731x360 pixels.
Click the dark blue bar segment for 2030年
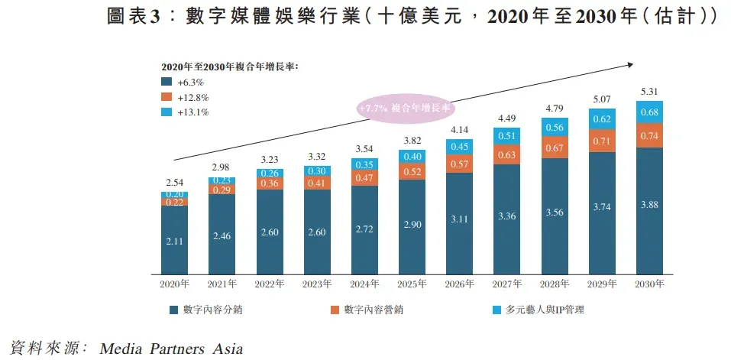pos(649,210)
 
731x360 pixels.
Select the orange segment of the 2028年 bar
pos(555,147)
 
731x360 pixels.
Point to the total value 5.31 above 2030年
pos(649,92)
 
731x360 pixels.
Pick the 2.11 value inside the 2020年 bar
pos(175,242)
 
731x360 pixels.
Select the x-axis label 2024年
pos(365,284)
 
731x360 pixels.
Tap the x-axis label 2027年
pos(507,284)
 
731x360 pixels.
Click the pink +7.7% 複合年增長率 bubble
pos(405,109)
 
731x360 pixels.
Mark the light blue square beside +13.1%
pos(166,112)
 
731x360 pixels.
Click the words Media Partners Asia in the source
pos(171,349)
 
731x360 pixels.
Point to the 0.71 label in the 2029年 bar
pos(602,141)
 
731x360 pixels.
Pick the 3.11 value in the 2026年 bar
pos(460,220)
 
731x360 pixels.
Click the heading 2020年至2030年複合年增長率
pos(228,67)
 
